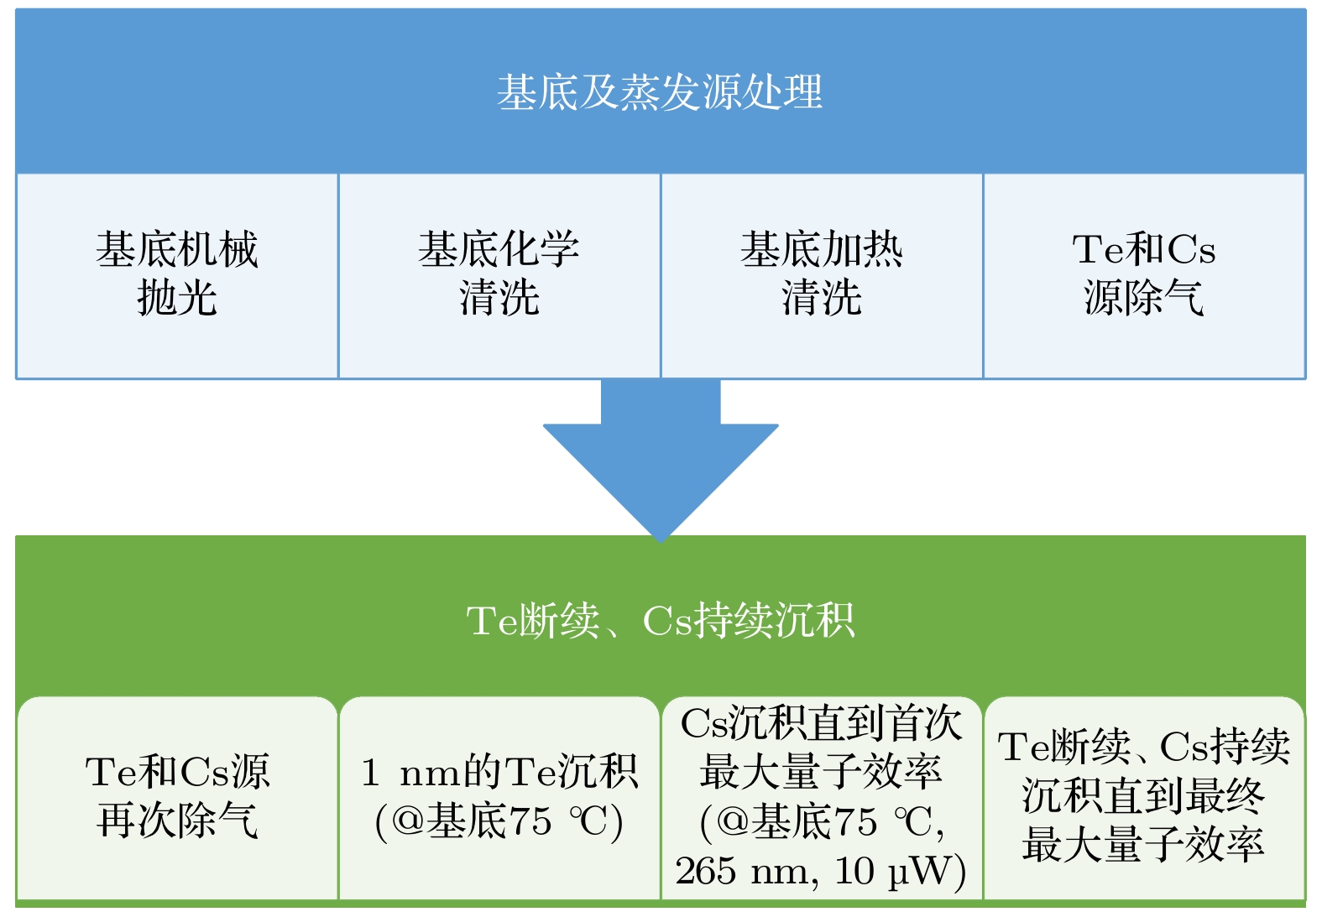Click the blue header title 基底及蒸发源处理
[x=660, y=92]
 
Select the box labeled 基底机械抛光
[x=177, y=275]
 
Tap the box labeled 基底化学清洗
[x=499, y=275]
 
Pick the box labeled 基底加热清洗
[x=822, y=275]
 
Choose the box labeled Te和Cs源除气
[x=1144, y=275]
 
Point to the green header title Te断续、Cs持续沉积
[x=660, y=622]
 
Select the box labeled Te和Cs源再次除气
[x=177, y=797]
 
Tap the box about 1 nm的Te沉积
[x=499, y=797]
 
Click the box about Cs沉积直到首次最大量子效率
[x=822, y=797]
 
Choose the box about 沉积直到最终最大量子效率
[x=1144, y=797]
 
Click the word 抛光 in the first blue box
[x=177, y=298]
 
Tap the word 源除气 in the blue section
[x=1144, y=298]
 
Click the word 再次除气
[x=177, y=821]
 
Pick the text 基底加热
[x=822, y=249]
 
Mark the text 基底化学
[x=499, y=249]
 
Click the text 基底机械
[x=177, y=249]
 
